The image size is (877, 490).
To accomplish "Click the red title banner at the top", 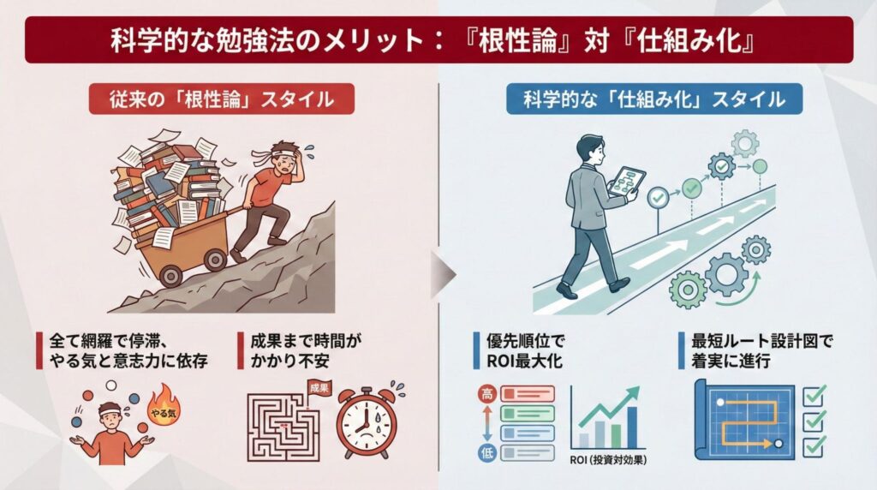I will coord(438,40).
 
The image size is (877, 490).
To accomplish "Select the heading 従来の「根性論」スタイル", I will coord(222,99).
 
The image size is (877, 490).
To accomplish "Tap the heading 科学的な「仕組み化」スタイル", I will coord(653,99).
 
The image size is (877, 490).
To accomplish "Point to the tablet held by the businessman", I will coord(623,182).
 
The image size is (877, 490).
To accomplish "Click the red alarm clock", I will coord(367,421).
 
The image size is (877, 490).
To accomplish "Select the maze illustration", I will coord(283,427).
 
